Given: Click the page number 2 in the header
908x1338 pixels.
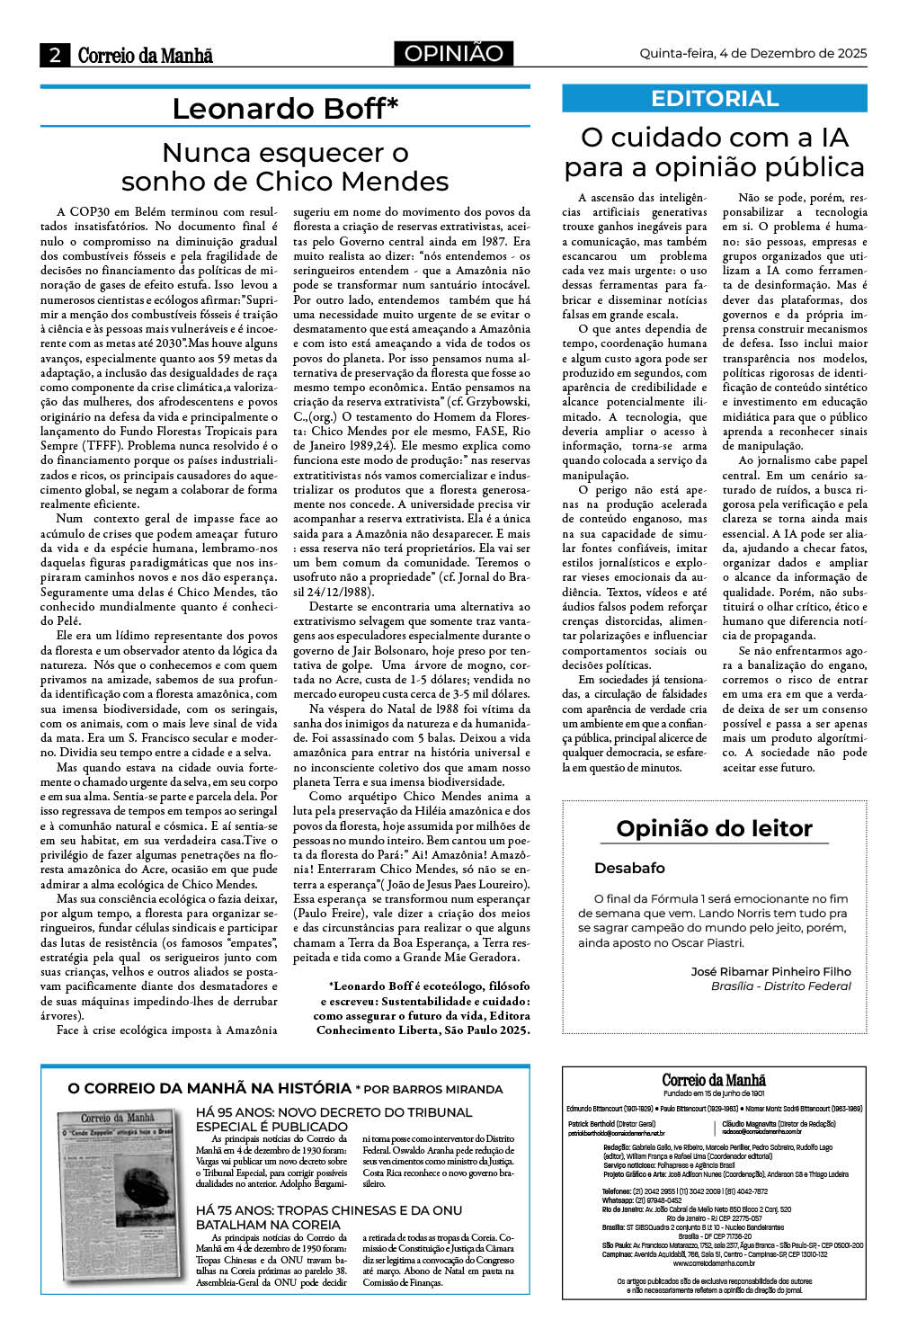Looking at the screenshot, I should tap(56, 55).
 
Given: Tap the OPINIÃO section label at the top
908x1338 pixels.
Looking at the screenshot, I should tap(453, 54).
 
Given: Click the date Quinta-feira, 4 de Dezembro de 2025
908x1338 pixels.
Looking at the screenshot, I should tap(752, 53).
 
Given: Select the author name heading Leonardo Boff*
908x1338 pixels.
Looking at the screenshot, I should tap(285, 109).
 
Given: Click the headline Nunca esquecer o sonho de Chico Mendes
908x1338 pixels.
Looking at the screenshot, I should tap(285, 167).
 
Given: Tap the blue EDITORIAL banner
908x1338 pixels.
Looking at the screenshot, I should tap(714, 98).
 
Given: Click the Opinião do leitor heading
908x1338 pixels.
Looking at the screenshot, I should tap(714, 828).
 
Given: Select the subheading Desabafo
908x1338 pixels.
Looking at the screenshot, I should tap(629, 868).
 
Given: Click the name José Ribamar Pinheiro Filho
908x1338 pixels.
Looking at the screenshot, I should tap(770, 971).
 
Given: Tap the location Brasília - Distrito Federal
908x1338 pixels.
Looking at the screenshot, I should tap(780, 986).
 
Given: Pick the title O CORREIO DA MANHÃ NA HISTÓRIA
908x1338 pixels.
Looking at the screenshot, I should tap(209, 1088).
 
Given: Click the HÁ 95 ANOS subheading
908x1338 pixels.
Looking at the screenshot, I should tap(334, 1119).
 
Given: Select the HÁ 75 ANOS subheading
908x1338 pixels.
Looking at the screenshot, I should tap(328, 1217).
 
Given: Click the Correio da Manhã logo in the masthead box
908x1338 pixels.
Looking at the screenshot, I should tap(714, 1080).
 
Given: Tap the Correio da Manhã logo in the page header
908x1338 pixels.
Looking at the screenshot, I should tap(145, 55).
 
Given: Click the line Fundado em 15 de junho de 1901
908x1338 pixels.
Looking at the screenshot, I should tap(714, 1093).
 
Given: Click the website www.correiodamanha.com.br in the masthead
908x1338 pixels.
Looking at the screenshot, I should tap(714, 1262).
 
